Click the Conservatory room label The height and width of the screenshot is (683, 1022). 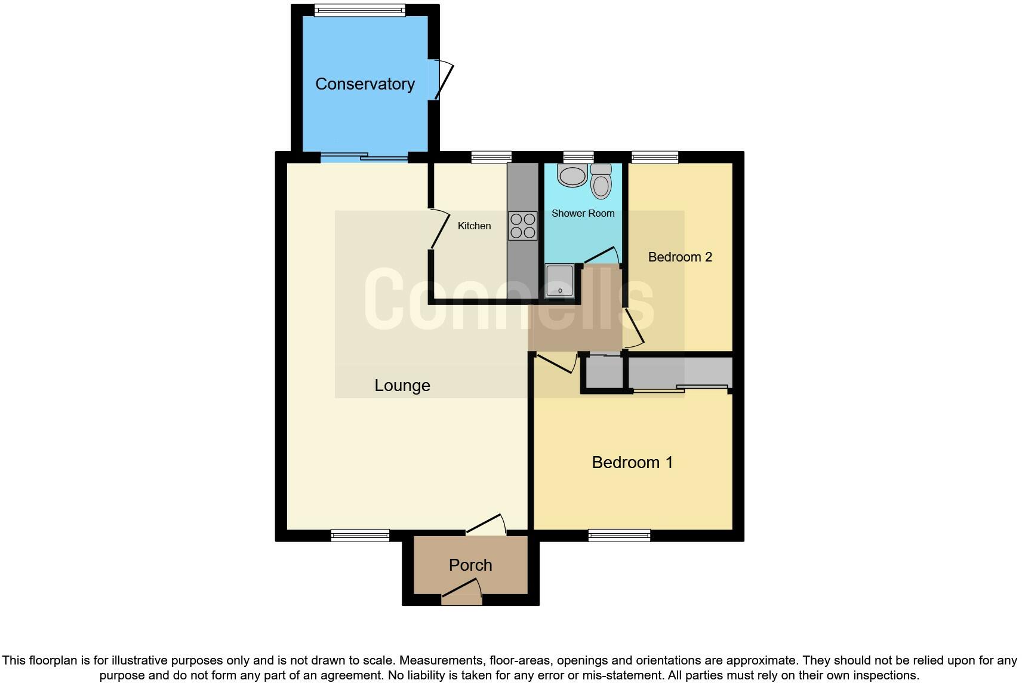pos(365,84)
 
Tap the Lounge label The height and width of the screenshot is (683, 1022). pos(402,386)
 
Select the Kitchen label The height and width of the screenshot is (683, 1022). pos(474,226)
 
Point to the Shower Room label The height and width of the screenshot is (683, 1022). pos(583,213)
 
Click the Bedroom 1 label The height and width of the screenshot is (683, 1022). pos(632,462)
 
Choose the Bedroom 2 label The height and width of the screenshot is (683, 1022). pos(680,257)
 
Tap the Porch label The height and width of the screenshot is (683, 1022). pos(470,565)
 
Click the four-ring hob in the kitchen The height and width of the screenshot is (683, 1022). pos(523,226)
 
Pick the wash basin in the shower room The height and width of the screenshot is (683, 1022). pos(572,175)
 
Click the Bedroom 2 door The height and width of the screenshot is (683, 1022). pos(633,327)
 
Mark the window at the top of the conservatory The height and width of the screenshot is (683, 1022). pos(359,10)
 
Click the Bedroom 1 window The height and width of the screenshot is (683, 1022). pos(619,535)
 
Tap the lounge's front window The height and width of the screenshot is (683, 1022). pos(360,535)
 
